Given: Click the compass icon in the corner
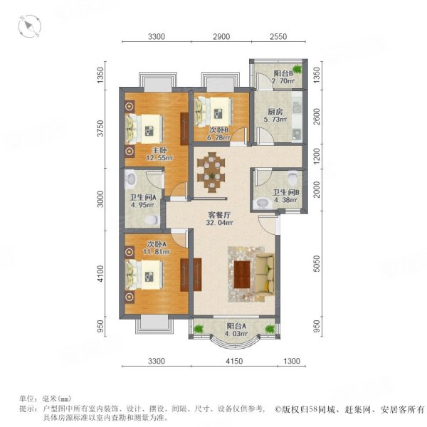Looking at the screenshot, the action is (x=30, y=27).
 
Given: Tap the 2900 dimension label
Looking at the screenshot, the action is (x=221, y=36).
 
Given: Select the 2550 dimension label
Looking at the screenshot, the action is (x=278, y=36).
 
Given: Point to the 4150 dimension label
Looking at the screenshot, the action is (x=234, y=361).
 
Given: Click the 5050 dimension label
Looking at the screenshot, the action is (x=317, y=263).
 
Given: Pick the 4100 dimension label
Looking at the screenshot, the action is (x=100, y=274).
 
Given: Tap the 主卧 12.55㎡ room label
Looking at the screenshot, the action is (x=159, y=154).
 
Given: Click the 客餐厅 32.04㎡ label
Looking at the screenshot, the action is (x=219, y=219).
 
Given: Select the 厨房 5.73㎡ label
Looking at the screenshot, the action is (x=275, y=115).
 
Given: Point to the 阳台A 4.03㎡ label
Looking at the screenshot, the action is (x=237, y=330).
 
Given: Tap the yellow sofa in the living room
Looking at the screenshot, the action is (x=265, y=275).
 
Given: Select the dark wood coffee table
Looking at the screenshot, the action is (x=242, y=275).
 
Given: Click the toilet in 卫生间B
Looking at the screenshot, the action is (x=293, y=177).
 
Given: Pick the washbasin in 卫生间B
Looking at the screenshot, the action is (x=262, y=203).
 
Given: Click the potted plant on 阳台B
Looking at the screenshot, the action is (x=297, y=69).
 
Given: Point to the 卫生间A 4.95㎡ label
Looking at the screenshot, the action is (x=142, y=201).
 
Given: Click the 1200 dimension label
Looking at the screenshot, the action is (x=317, y=156).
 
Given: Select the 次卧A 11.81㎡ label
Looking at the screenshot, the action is (x=157, y=248).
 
